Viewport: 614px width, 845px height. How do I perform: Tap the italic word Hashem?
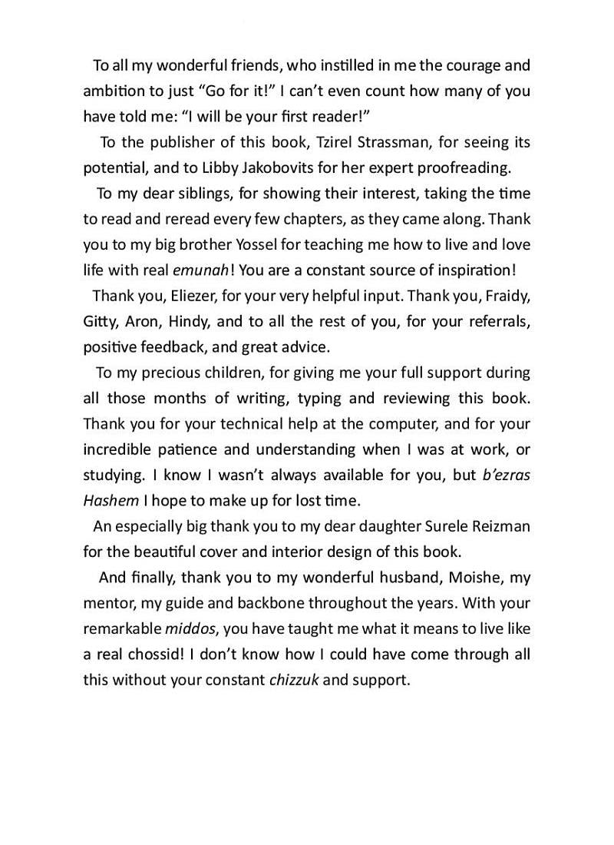pos(111,501)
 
